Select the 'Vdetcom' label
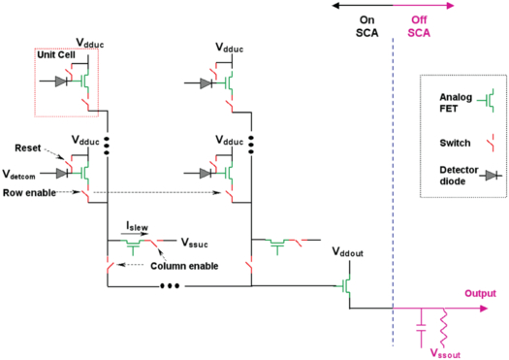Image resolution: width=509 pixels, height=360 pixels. pyautogui.click(x=24, y=176)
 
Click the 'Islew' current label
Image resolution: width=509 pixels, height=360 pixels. pyautogui.click(x=137, y=224)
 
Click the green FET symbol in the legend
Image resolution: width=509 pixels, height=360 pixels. pyautogui.click(x=492, y=98)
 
